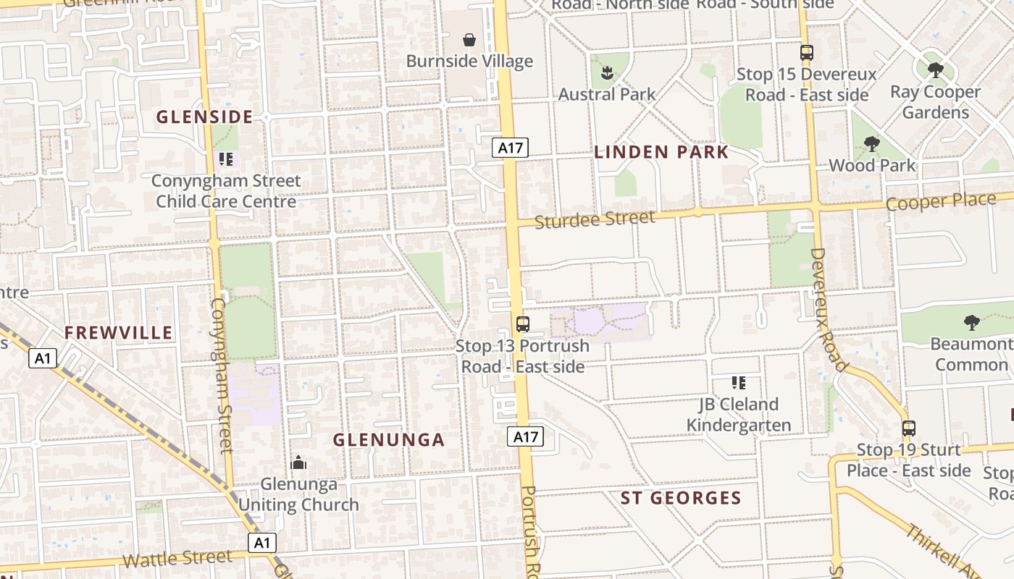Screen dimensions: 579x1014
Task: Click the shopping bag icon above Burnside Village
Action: coord(469,39)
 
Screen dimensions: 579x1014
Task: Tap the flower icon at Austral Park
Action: coord(606,72)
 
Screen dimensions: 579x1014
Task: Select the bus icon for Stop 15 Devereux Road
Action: coord(806,52)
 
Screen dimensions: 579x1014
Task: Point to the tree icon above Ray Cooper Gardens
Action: coord(935,70)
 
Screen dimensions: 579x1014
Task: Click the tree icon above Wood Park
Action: coord(872,144)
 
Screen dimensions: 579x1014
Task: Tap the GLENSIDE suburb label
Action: coord(204,117)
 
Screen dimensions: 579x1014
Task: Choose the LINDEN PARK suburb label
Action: coord(661,152)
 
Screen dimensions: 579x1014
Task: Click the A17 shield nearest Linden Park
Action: coord(511,148)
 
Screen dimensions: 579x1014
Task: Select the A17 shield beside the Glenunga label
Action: coord(525,436)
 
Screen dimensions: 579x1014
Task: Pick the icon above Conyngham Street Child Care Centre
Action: coord(225,159)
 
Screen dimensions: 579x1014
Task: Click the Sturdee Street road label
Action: coord(595,219)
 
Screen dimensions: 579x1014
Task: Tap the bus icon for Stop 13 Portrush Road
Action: coord(522,324)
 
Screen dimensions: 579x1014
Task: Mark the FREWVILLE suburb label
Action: coord(119,333)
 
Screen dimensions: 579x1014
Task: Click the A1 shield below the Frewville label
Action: coord(43,358)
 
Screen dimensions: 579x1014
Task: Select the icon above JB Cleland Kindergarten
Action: coord(738,383)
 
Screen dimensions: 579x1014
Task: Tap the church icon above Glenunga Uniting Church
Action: coord(298,462)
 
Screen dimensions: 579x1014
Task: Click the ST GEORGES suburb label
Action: coord(681,498)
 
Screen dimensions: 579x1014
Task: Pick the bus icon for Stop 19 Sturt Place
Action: coord(908,428)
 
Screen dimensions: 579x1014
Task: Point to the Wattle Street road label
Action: coord(177,558)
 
